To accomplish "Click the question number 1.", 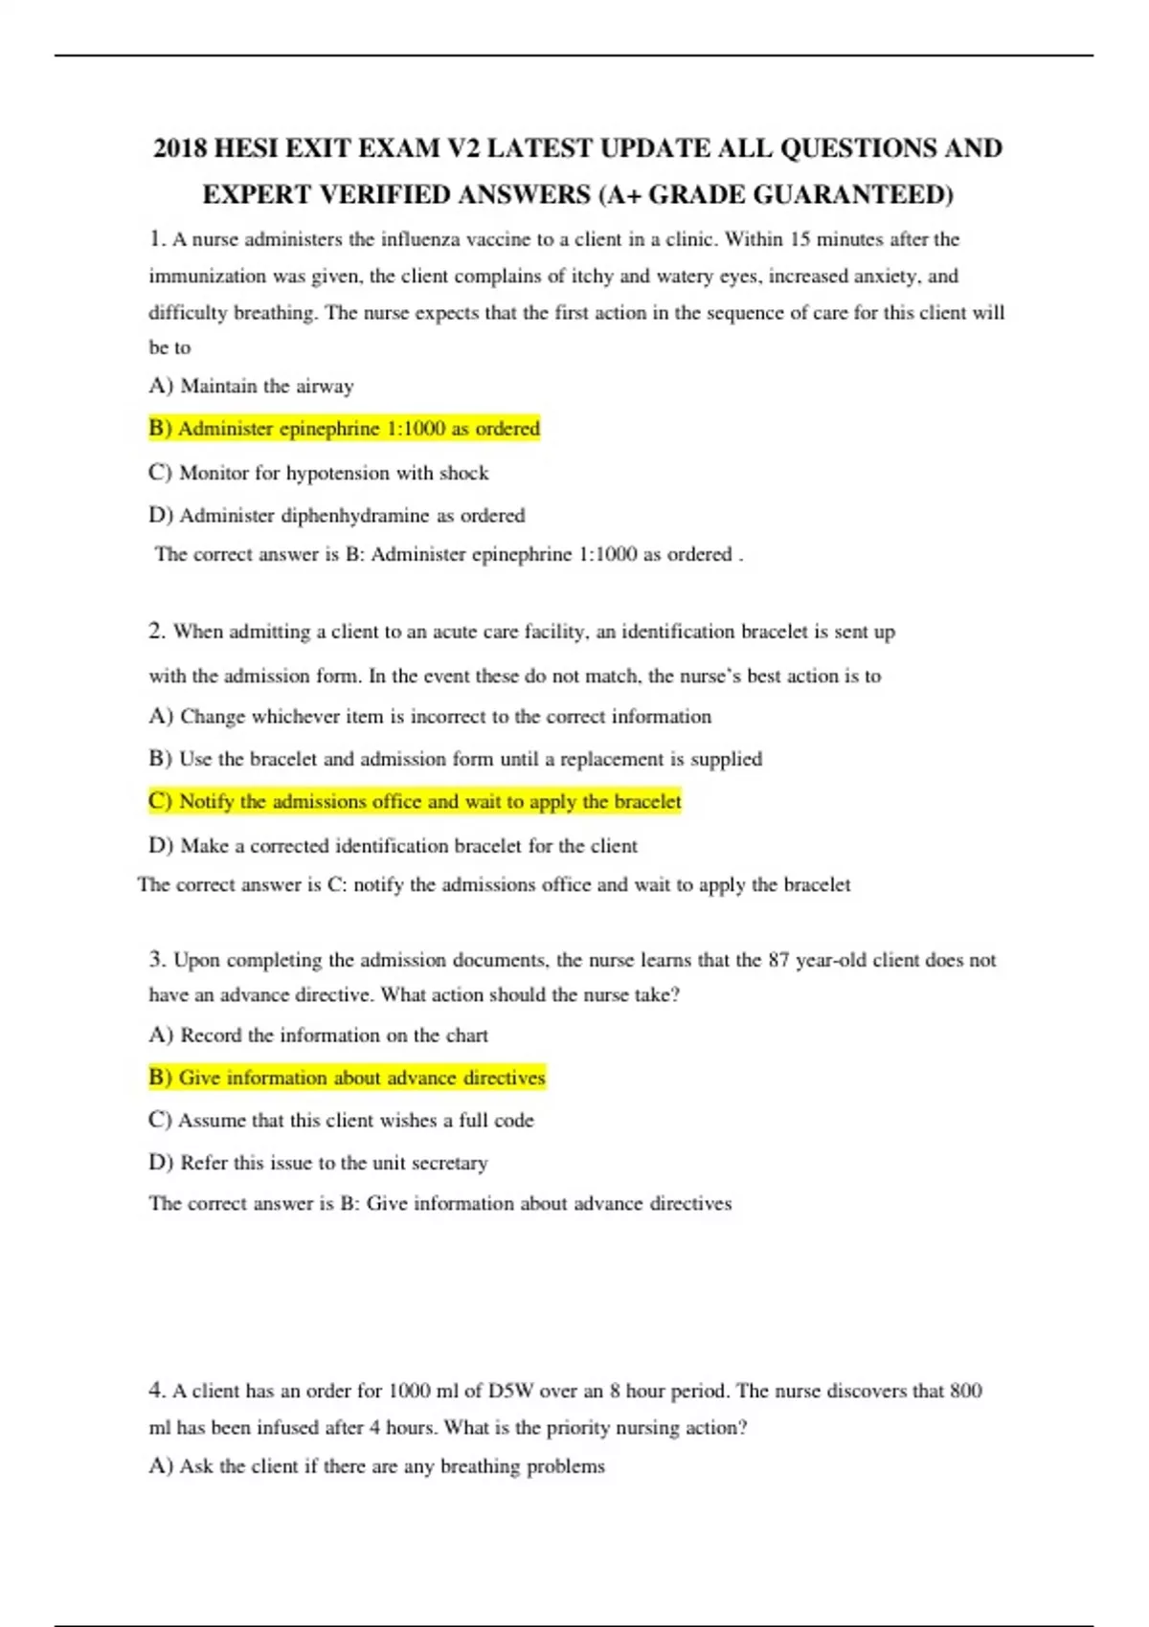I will pyautogui.click(x=156, y=239).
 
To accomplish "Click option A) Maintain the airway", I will pyautogui.click(x=251, y=386).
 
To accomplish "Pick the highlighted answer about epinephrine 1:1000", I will pyautogui.click(x=345, y=429).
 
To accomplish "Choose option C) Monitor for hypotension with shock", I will pyautogui.click(x=318, y=473).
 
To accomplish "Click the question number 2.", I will pyautogui.click(x=156, y=632).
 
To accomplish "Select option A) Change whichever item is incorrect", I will pyautogui.click(x=430, y=717).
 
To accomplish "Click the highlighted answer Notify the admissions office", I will pyautogui.click(x=415, y=802).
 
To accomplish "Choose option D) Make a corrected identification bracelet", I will pyautogui.click(x=393, y=846).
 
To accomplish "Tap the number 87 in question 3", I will pyautogui.click(x=779, y=960).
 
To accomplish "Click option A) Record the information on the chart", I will pyautogui.click(x=318, y=1036).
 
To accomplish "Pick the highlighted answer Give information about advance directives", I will pyautogui.click(x=347, y=1078).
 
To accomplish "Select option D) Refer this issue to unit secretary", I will pyautogui.click(x=318, y=1163).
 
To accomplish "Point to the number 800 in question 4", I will pyautogui.click(x=965, y=1391).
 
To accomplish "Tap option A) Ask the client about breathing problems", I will pyautogui.click(x=376, y=1466).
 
